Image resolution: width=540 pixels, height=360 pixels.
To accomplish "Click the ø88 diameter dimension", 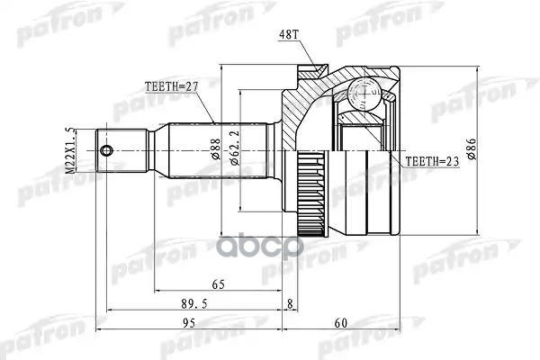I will pos(217,148).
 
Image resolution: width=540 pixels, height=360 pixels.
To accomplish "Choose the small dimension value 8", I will pos(290,304).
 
